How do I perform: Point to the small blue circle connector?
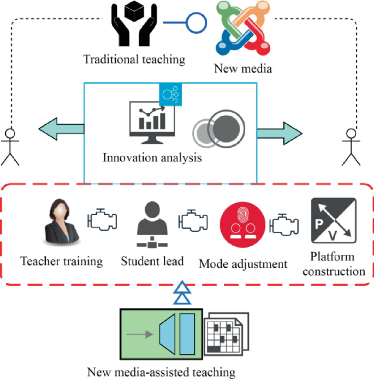coord(197,23)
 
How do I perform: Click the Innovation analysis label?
coord(152,158)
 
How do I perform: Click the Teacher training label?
coord(62,261)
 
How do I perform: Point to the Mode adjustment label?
coord(243,264)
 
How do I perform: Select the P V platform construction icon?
coord(333,220)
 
